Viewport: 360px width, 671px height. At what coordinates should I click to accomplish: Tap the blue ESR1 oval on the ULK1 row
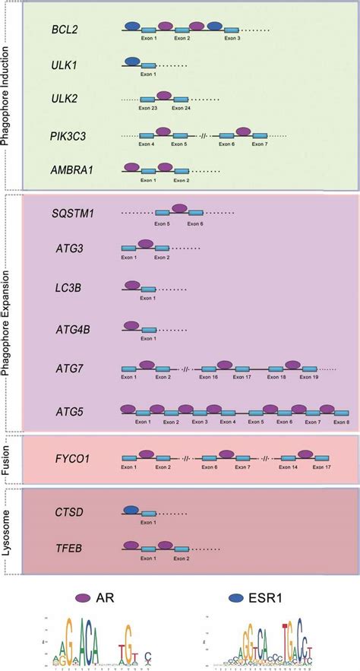tap(132, 60)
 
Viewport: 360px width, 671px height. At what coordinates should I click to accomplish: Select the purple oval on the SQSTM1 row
tap(179, 208)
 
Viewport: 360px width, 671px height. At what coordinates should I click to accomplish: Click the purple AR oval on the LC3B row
tap(132, 285)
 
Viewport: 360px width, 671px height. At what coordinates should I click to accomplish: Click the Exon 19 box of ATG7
tap(308, 369)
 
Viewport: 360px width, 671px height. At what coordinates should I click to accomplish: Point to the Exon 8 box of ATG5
tap(342, 413)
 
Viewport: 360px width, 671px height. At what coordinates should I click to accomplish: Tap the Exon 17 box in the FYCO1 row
tap(322, 458)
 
